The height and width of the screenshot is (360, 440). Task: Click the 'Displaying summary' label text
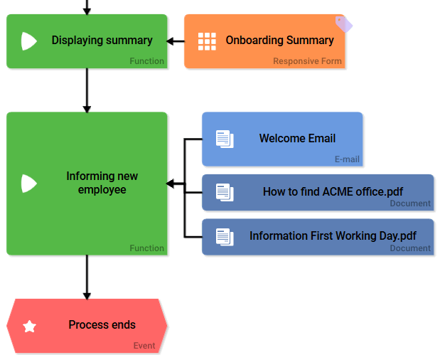pos(102,41)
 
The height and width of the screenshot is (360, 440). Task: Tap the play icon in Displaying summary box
pos(28,41)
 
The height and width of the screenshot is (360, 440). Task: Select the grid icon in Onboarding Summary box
pos(207,41)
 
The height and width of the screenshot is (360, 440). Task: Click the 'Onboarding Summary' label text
pos(279,41)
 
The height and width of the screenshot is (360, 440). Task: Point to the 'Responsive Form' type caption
pos(307,61)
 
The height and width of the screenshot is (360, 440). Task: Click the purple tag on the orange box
pos(343,24)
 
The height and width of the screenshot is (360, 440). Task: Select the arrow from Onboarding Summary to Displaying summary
pos(175,41)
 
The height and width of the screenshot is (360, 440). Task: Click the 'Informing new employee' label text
pos(102,183)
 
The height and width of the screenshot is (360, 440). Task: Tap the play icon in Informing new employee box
pos(28,184)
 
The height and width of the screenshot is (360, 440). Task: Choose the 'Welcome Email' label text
pos(297,138)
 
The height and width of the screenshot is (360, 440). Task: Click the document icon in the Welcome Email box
pos(225,139)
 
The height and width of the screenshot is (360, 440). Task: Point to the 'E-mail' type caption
pos(347,159)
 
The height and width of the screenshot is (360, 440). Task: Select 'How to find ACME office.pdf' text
pos(333,191)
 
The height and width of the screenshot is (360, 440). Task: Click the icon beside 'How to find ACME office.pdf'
pos(225,191)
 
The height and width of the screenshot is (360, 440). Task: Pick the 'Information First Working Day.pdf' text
pos(333,235)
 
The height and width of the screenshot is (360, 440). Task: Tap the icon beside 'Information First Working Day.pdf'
pos(225,236)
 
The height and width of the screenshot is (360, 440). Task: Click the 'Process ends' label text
pos(102,324)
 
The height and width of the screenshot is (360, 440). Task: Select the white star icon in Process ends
pos(29,327)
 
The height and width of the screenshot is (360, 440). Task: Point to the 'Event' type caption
pos(144,346)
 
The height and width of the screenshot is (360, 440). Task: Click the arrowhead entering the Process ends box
pos(87,295)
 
